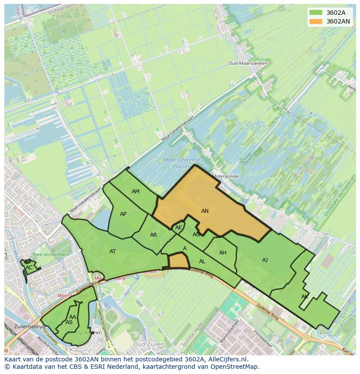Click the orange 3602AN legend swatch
coord(316,21)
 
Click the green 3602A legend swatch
coord(316,12)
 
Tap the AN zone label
coord(205,211)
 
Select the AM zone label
coord(136,192)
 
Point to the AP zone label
coord(123,214)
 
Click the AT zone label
coord(113,252)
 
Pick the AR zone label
coord(153,235)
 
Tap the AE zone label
coord(178,228)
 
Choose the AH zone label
coord(223,253)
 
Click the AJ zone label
coord(265,260)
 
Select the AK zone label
coord(304,297)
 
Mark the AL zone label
coord(202,261)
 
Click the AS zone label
coord(69,322)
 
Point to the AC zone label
coord(29,268)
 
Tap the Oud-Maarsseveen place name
coord(248,63)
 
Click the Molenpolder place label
coord(226,176)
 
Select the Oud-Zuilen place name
coord(149,344)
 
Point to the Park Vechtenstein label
coord(51,255)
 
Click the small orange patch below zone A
coord(178,261)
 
